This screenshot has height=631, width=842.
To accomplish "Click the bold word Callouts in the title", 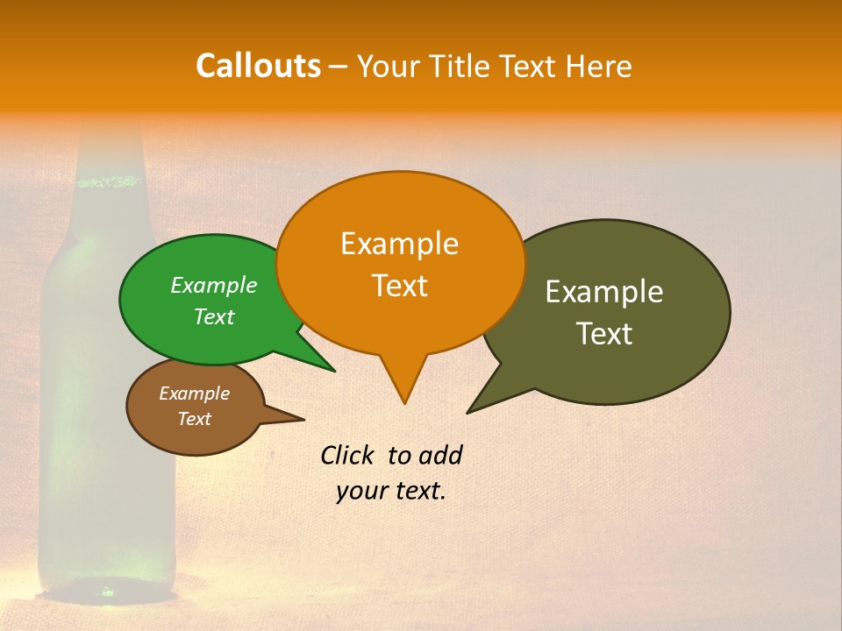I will [258, 66].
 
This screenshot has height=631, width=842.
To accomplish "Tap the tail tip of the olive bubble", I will [469, 411].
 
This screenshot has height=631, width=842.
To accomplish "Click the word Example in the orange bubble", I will [399, 244].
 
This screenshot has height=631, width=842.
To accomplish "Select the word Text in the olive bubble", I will [604, 334].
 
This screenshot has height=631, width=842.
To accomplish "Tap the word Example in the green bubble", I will [213, 286].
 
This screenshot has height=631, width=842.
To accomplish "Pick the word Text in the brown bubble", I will [194, 419].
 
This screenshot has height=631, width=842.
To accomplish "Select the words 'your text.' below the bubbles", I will [390, 492].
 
